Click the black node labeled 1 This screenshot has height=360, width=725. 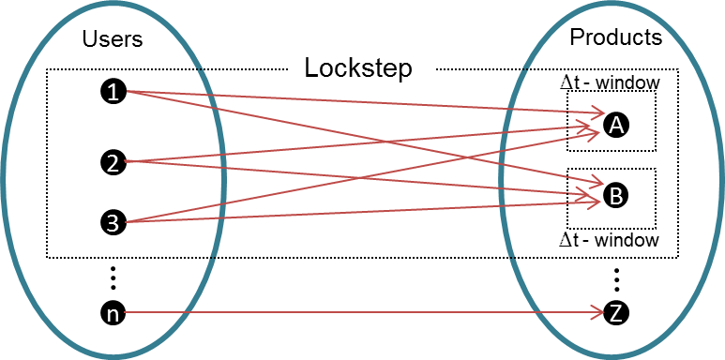[113, 91]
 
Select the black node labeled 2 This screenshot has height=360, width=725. [113, 162]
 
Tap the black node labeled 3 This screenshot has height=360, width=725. [113, 222]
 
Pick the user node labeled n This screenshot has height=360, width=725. [113, 314]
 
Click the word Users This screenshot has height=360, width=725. [113, 39]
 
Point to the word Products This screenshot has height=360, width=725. [616, 37]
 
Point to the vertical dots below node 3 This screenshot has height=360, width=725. [113, 277]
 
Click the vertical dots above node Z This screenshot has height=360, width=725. [616, 278]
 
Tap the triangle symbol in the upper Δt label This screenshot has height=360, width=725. [566, 82]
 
